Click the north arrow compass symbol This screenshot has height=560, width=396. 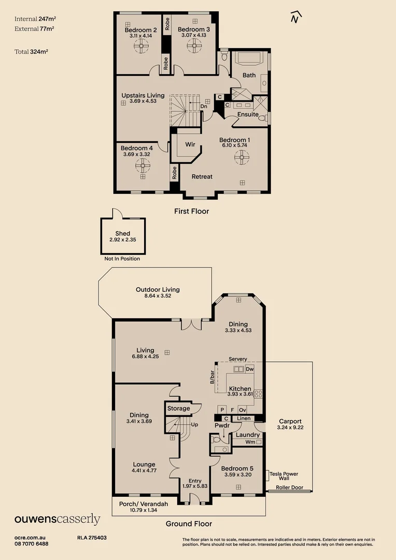[295, 17]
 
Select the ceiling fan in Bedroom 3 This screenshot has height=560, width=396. [194, 46]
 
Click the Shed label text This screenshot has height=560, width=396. [123, 234]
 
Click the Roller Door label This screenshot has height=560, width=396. [289, 487]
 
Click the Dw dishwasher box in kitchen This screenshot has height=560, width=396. [250, 369]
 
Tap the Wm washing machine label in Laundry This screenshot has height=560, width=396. [250, 442]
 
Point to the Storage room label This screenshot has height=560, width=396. [178, 409]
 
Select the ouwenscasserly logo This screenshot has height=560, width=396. [57, 519]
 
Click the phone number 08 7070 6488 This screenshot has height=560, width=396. [32, 544]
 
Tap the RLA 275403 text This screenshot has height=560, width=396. [92, 538]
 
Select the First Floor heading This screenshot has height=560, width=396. [191, 211]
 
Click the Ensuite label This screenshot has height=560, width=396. [248, 115]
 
